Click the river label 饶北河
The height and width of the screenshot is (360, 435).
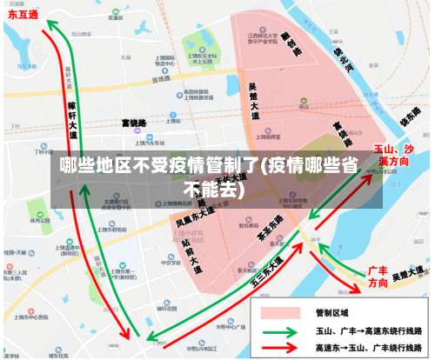tap(346, 59)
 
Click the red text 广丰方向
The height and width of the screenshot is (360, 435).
tap(377, 277)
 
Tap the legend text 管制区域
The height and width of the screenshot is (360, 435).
tap(330, 311)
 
